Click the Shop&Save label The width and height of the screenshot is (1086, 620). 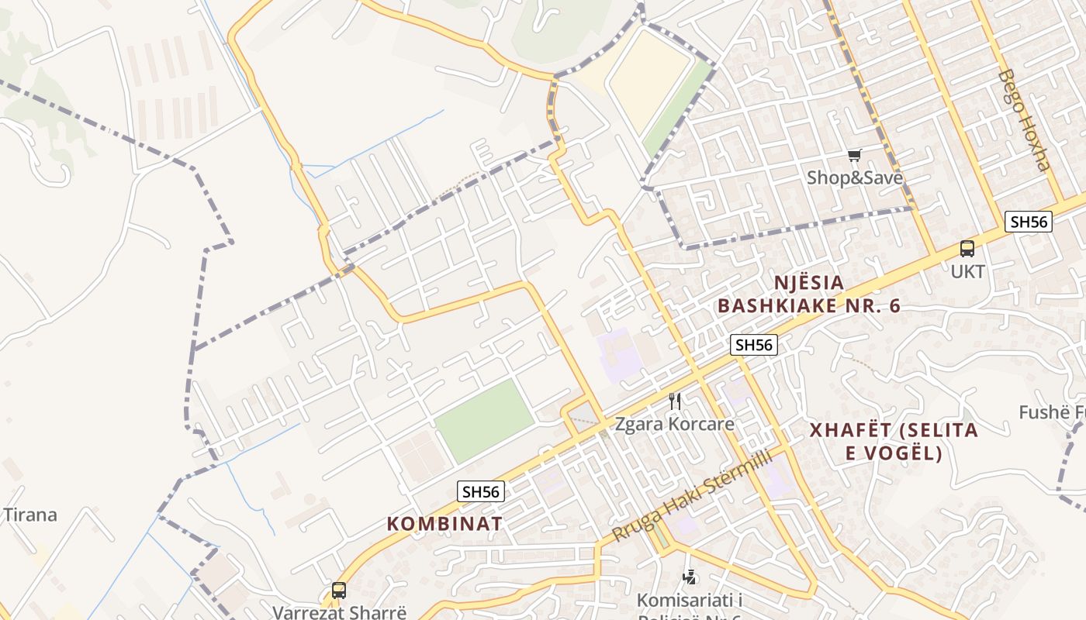tap(854, 177)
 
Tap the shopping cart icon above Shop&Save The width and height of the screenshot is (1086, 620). tap(854, 156)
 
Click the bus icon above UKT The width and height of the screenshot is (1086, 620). tap(967, 249)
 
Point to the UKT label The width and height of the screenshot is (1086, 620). tap(967, 272)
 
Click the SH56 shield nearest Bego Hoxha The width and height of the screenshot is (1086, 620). tap(1029, 222)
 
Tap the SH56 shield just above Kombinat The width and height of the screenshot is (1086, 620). tap(481, 491)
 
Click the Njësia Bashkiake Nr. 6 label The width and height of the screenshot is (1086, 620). tap(808, 294)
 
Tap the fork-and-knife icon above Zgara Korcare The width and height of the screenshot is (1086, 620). tap(675, 401)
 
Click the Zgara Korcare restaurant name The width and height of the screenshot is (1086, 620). tap(674, 424)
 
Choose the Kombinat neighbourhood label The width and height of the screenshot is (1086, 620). tap(444, 523)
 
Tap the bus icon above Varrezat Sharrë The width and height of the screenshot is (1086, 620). tap(339, 590)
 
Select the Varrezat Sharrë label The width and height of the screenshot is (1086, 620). tap(339, 611)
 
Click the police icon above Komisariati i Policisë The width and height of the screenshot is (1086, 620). tap(689, 577)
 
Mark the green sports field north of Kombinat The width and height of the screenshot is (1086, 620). tap(485, 420)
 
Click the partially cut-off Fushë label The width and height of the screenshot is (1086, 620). tap(1053, 412)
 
